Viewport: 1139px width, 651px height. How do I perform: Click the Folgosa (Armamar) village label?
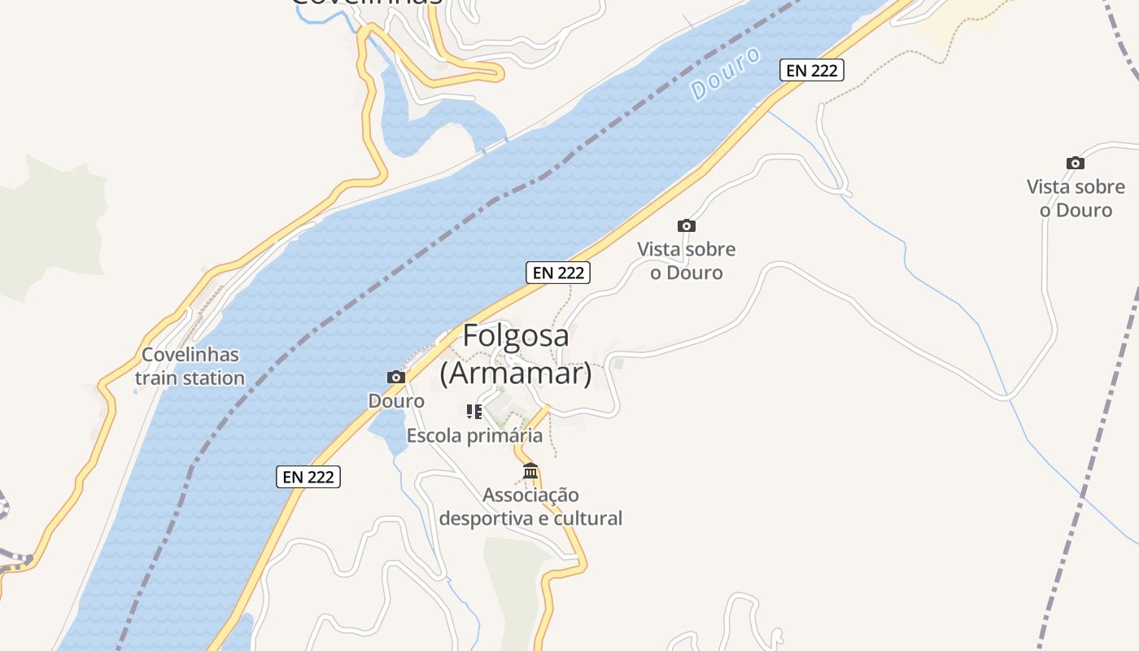click(516, 354)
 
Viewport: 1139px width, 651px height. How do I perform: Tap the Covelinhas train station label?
click(190, 366)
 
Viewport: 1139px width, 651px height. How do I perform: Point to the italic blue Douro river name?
click(726, 73)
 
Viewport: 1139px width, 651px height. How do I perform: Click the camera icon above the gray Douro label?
click(396, 377)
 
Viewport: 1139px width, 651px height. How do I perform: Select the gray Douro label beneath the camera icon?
click(396, 401)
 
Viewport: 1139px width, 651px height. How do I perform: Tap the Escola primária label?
click(474, 435)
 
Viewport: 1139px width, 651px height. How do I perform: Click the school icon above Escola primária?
click(474, 412)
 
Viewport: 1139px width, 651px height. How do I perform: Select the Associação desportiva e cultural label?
click(530, 506)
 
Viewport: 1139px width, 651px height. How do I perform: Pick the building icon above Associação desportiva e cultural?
click(530, 471)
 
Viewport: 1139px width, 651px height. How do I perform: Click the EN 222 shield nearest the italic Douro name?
click(812, 70)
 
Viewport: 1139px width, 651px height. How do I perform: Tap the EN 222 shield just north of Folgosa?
click(558, 273)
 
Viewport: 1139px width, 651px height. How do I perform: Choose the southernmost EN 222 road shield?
click(308, 477)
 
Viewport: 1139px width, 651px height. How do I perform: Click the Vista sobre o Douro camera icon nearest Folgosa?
click(687, 225)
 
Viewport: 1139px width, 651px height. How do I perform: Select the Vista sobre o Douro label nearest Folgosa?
click(686, 260)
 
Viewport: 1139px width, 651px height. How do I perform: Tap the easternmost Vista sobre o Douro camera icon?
click(1076, 163)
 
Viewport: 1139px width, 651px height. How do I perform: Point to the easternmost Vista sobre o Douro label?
click(1076, 198)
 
